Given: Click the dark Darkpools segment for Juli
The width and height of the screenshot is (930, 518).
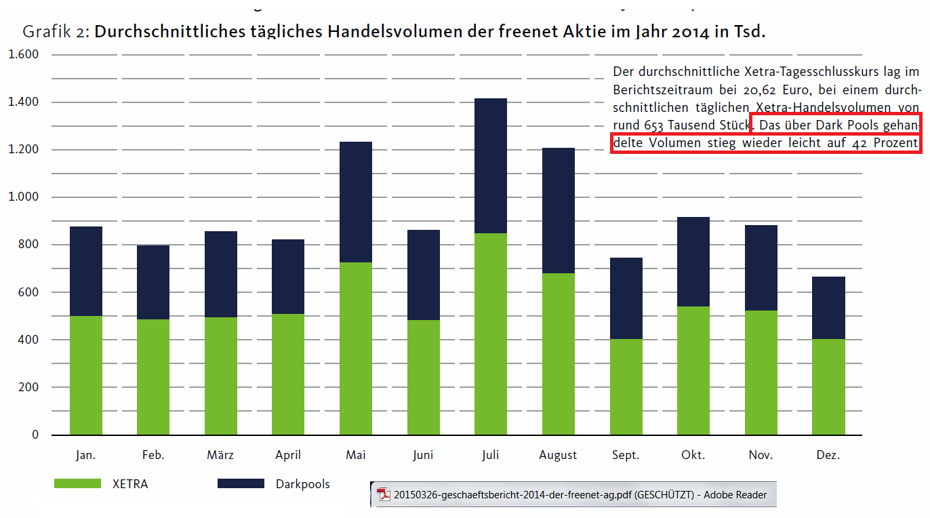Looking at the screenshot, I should click(x=491, y=166).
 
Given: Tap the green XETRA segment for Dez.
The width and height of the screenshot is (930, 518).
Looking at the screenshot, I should click(x=828, y=386).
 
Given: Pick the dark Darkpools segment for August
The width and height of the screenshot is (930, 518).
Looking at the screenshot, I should click(x=558, y=210).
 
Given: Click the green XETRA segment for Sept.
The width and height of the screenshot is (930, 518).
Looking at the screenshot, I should click(x=626, y=386).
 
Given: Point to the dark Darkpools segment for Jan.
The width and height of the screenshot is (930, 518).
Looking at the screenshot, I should click(x=86, y=271).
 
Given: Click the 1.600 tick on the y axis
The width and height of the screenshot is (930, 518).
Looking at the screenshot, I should click(x=23, y=54).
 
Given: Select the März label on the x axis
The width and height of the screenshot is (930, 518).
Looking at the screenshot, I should click(x=220, y=455).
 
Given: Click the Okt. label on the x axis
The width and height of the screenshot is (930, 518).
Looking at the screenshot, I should click(x=693, y=455).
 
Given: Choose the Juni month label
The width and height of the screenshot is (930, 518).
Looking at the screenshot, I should click(x=423, y=455).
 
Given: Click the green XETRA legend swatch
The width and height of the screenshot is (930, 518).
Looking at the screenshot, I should click(x=77, y=483).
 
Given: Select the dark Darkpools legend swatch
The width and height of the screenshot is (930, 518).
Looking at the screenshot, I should click(x=241, y=483).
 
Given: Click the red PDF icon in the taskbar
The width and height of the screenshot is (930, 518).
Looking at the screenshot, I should click(x=384, y=495).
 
